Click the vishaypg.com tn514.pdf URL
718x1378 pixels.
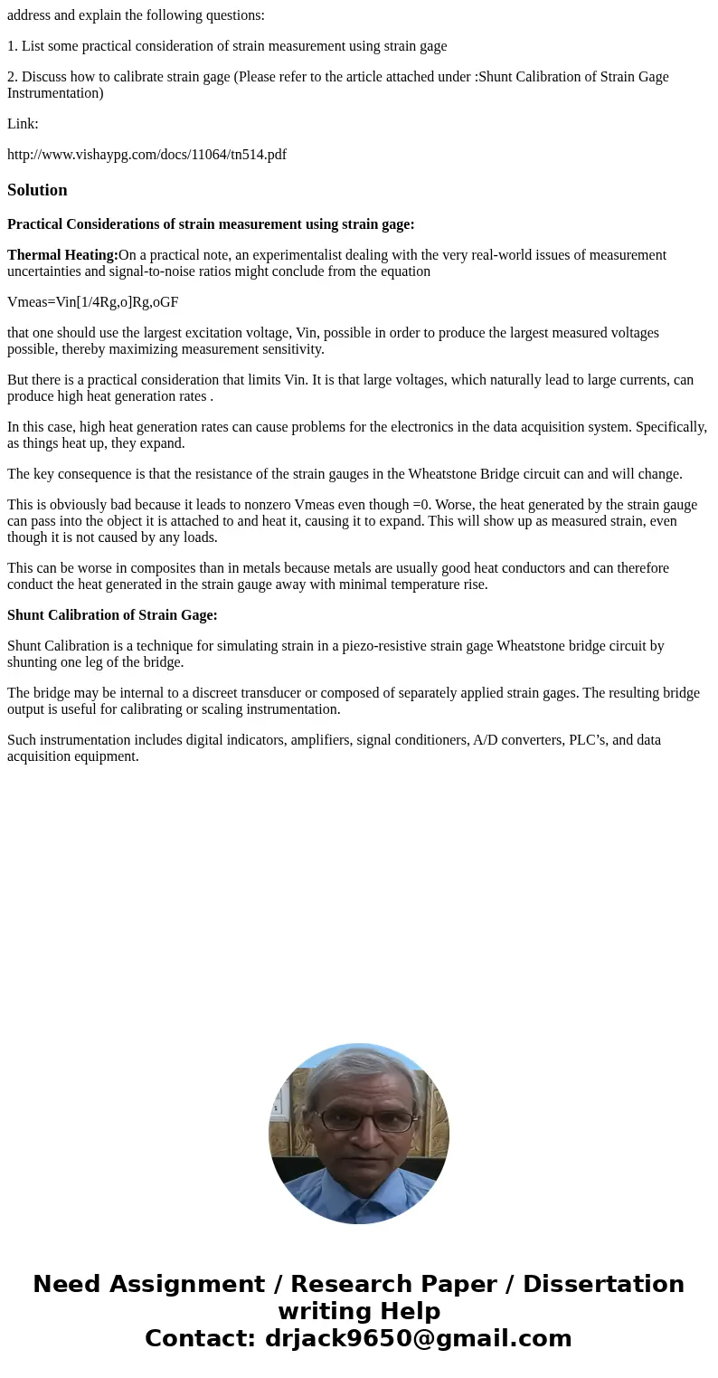coord(146,155)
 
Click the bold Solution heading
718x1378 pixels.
coord(37,190)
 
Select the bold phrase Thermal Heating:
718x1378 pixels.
coord(62,255)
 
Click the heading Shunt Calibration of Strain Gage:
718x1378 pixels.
coord(112,615)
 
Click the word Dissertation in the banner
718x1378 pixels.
coord(603,1284)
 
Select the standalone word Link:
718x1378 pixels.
coord(23,124)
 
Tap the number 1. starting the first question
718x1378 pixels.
coord(13,46)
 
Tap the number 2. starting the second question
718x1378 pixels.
coord(13,77)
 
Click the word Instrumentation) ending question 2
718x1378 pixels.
coord(55,93)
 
